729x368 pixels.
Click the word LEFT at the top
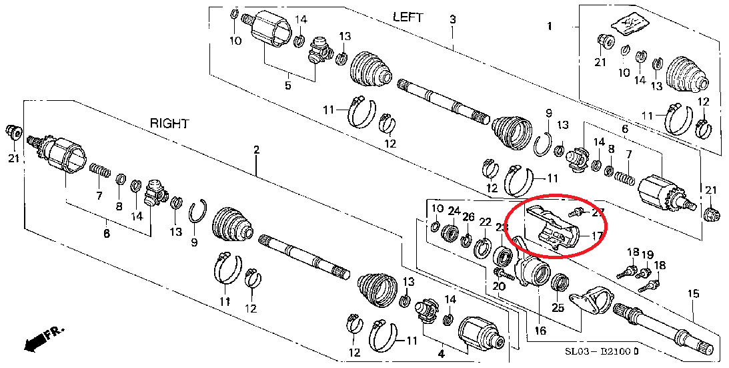point(408,17)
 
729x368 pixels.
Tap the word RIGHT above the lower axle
point(169,124)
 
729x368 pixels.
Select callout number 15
point(694,294)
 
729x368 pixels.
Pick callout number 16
point(540,330)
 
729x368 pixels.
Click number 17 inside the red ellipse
point(596,235)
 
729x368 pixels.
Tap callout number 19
point(647,254)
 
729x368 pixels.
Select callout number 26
point(469,217)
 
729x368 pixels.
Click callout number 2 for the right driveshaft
point(256,151)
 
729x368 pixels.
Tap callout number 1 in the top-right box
point(550,27)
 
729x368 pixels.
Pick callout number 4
point(442,353)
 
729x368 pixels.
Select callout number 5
point(288,85)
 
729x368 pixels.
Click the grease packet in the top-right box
point(628,24)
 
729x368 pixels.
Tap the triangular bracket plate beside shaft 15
point(590,300)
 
